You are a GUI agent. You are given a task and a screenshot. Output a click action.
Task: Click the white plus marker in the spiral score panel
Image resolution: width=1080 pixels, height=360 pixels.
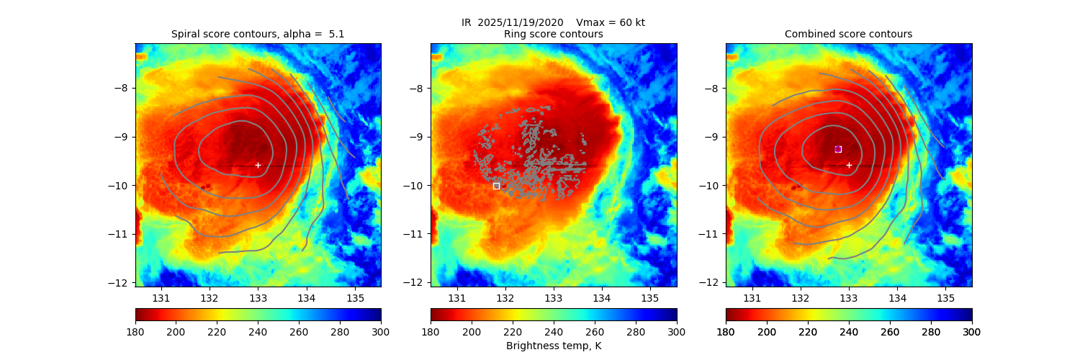tap(258, 165)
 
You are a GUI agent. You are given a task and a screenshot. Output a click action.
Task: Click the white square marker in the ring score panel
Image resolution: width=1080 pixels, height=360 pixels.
tap(496, 186)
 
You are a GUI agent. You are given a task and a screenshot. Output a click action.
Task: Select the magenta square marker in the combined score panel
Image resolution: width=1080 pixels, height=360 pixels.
tap(838, 149)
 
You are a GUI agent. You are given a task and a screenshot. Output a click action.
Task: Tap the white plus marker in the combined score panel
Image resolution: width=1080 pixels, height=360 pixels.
tap(849, 165)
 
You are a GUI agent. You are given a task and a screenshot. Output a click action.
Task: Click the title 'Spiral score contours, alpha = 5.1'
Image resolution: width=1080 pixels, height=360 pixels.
tap(258, 34)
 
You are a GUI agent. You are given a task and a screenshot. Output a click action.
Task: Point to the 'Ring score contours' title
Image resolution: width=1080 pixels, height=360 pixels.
tap(553, 34)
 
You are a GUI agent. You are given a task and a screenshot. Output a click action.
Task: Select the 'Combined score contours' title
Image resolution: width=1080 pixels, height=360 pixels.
tap(848, 34)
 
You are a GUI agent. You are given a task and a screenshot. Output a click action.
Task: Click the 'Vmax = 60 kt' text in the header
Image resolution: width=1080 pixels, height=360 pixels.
tap(611, 22)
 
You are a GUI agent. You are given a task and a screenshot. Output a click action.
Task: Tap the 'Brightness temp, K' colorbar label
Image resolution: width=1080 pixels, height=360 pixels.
tap(553, 346)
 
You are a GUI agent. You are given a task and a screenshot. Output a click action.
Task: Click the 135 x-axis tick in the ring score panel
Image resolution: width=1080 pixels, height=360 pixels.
tap(649, 297)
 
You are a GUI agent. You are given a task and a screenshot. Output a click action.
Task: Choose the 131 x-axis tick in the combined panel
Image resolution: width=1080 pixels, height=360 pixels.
tap(752, 297)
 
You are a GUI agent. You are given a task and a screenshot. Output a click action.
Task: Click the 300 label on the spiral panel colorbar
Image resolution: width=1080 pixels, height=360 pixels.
tap(381, 331)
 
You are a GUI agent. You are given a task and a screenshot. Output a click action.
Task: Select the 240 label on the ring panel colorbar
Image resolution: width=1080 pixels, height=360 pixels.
tap(553, 331)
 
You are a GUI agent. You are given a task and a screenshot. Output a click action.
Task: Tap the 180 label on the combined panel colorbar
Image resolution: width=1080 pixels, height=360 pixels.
tap(726, 331)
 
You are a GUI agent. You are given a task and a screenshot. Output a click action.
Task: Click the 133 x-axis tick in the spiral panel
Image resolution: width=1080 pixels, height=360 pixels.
tap(258, 297)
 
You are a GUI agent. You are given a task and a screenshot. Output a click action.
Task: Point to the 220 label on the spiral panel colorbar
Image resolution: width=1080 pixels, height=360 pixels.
tap(217, 331)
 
